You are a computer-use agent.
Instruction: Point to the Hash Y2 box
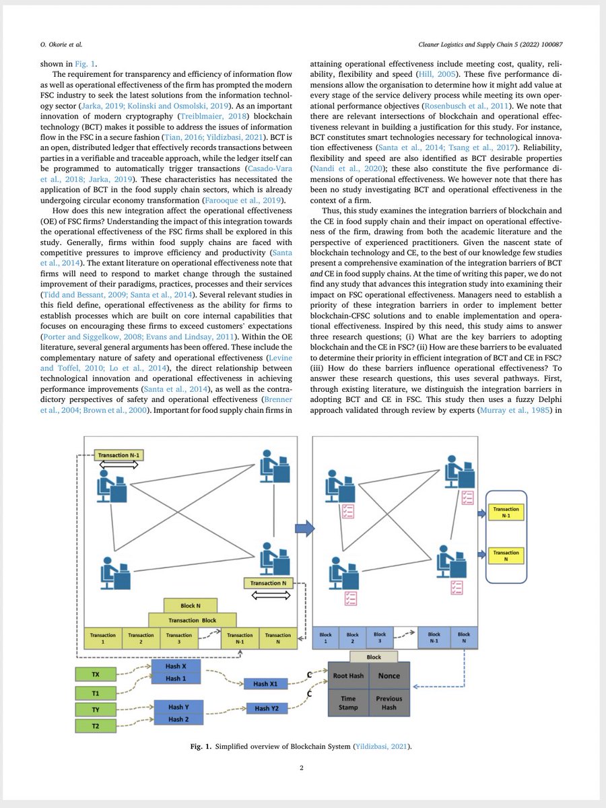[267, 708]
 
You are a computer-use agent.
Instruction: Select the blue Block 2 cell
[353, 638]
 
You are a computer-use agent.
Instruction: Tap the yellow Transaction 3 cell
[178, 638]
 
